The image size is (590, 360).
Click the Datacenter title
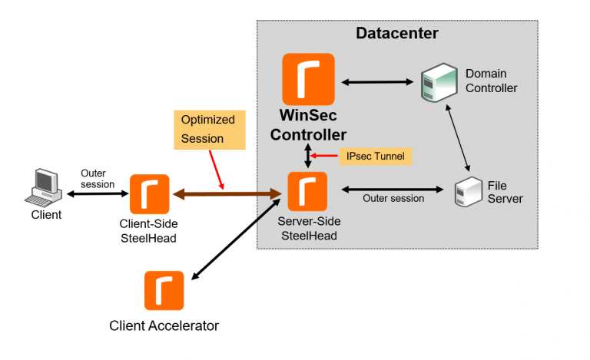point(396,34)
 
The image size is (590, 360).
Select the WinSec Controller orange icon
point(308,79)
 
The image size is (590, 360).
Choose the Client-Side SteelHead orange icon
point(150,194)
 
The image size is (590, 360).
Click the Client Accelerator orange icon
point(164,290)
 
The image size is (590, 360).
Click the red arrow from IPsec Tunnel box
point(326,157)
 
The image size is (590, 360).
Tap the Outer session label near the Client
point(98,178)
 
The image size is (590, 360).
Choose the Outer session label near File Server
point(393,199)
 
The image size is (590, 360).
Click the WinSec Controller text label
point(309,126)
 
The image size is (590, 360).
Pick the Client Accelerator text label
point(164,325)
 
